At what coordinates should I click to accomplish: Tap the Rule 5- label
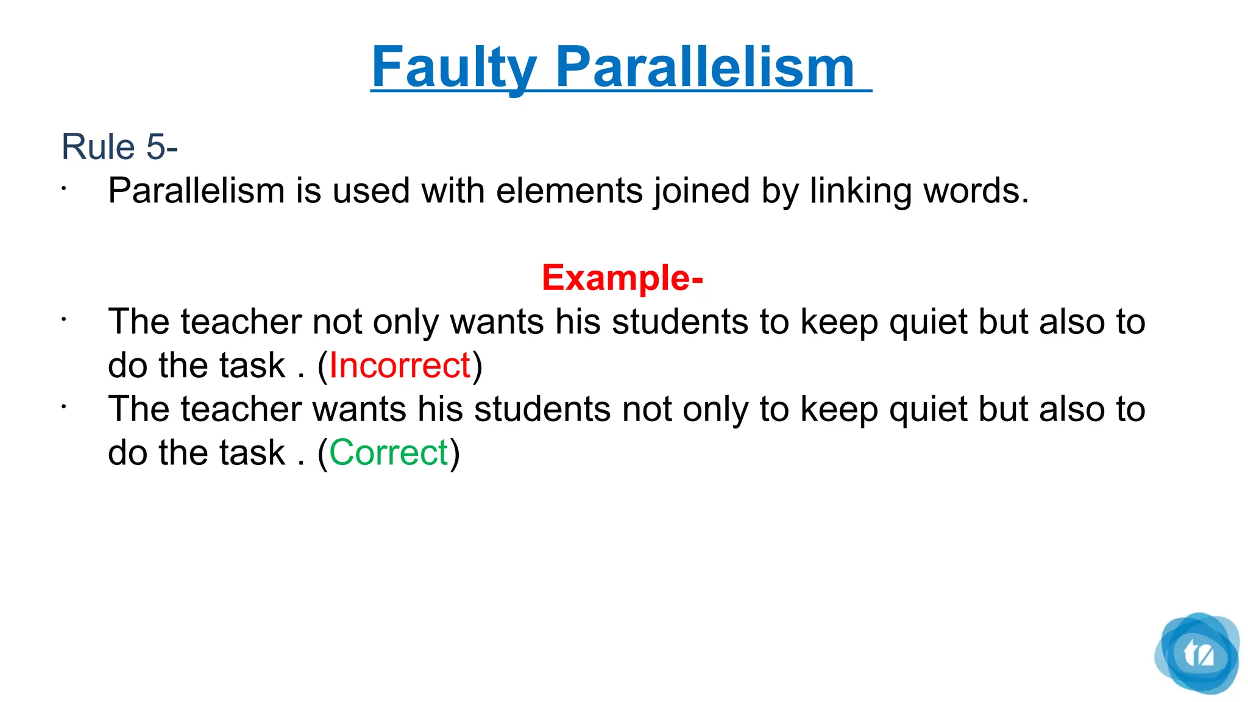(119, 147)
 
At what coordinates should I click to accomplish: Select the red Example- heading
(622, 278)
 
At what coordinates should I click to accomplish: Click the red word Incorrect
(400, 366)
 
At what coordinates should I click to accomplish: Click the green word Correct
(389, 453)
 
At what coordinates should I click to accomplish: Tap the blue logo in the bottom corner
(1197, 653)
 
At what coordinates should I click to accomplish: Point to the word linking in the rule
(860, 191)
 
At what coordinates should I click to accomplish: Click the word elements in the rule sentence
(569, 191)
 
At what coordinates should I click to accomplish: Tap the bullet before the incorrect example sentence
(63, 319)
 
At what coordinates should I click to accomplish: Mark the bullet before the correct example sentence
(63, 406)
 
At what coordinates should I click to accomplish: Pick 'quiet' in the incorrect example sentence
(928, 322)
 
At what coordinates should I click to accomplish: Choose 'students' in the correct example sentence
(542, 409)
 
